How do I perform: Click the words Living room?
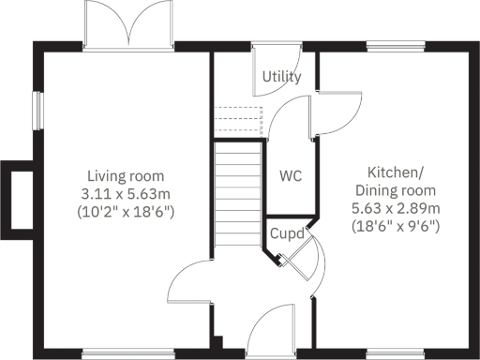pos(126,175)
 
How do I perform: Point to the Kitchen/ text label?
pos(395,172)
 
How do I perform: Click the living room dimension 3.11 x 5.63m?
pos(126,193)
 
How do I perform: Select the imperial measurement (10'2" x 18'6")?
pos(126,211)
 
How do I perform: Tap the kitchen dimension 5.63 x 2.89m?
pos(395,207)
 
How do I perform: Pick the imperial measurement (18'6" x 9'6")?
pos(395,225)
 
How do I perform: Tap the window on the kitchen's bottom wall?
pos(407,353)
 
